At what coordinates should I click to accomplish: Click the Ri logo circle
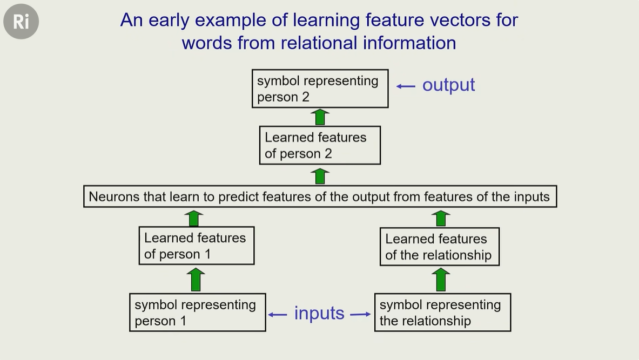21,22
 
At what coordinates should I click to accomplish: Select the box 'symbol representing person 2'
320,89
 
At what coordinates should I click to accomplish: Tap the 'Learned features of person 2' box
320,145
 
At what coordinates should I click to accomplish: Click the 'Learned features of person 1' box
197,246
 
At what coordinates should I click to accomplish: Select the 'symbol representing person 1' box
198,313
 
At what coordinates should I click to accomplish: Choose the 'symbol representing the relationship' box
442,313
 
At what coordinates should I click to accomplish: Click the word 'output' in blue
448,85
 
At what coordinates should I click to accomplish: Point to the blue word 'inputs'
319,313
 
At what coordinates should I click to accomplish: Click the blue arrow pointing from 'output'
406,86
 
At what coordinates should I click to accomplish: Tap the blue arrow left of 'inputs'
278,314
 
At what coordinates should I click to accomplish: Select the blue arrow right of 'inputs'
360,314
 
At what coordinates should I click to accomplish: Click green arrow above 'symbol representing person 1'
196,280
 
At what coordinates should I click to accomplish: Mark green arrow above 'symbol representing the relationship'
441,280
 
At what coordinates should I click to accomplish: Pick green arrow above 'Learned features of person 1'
194,218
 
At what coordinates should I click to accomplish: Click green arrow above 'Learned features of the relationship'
441,218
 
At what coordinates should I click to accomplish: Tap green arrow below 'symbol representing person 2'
321,117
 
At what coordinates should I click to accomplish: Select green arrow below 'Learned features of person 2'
321,175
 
